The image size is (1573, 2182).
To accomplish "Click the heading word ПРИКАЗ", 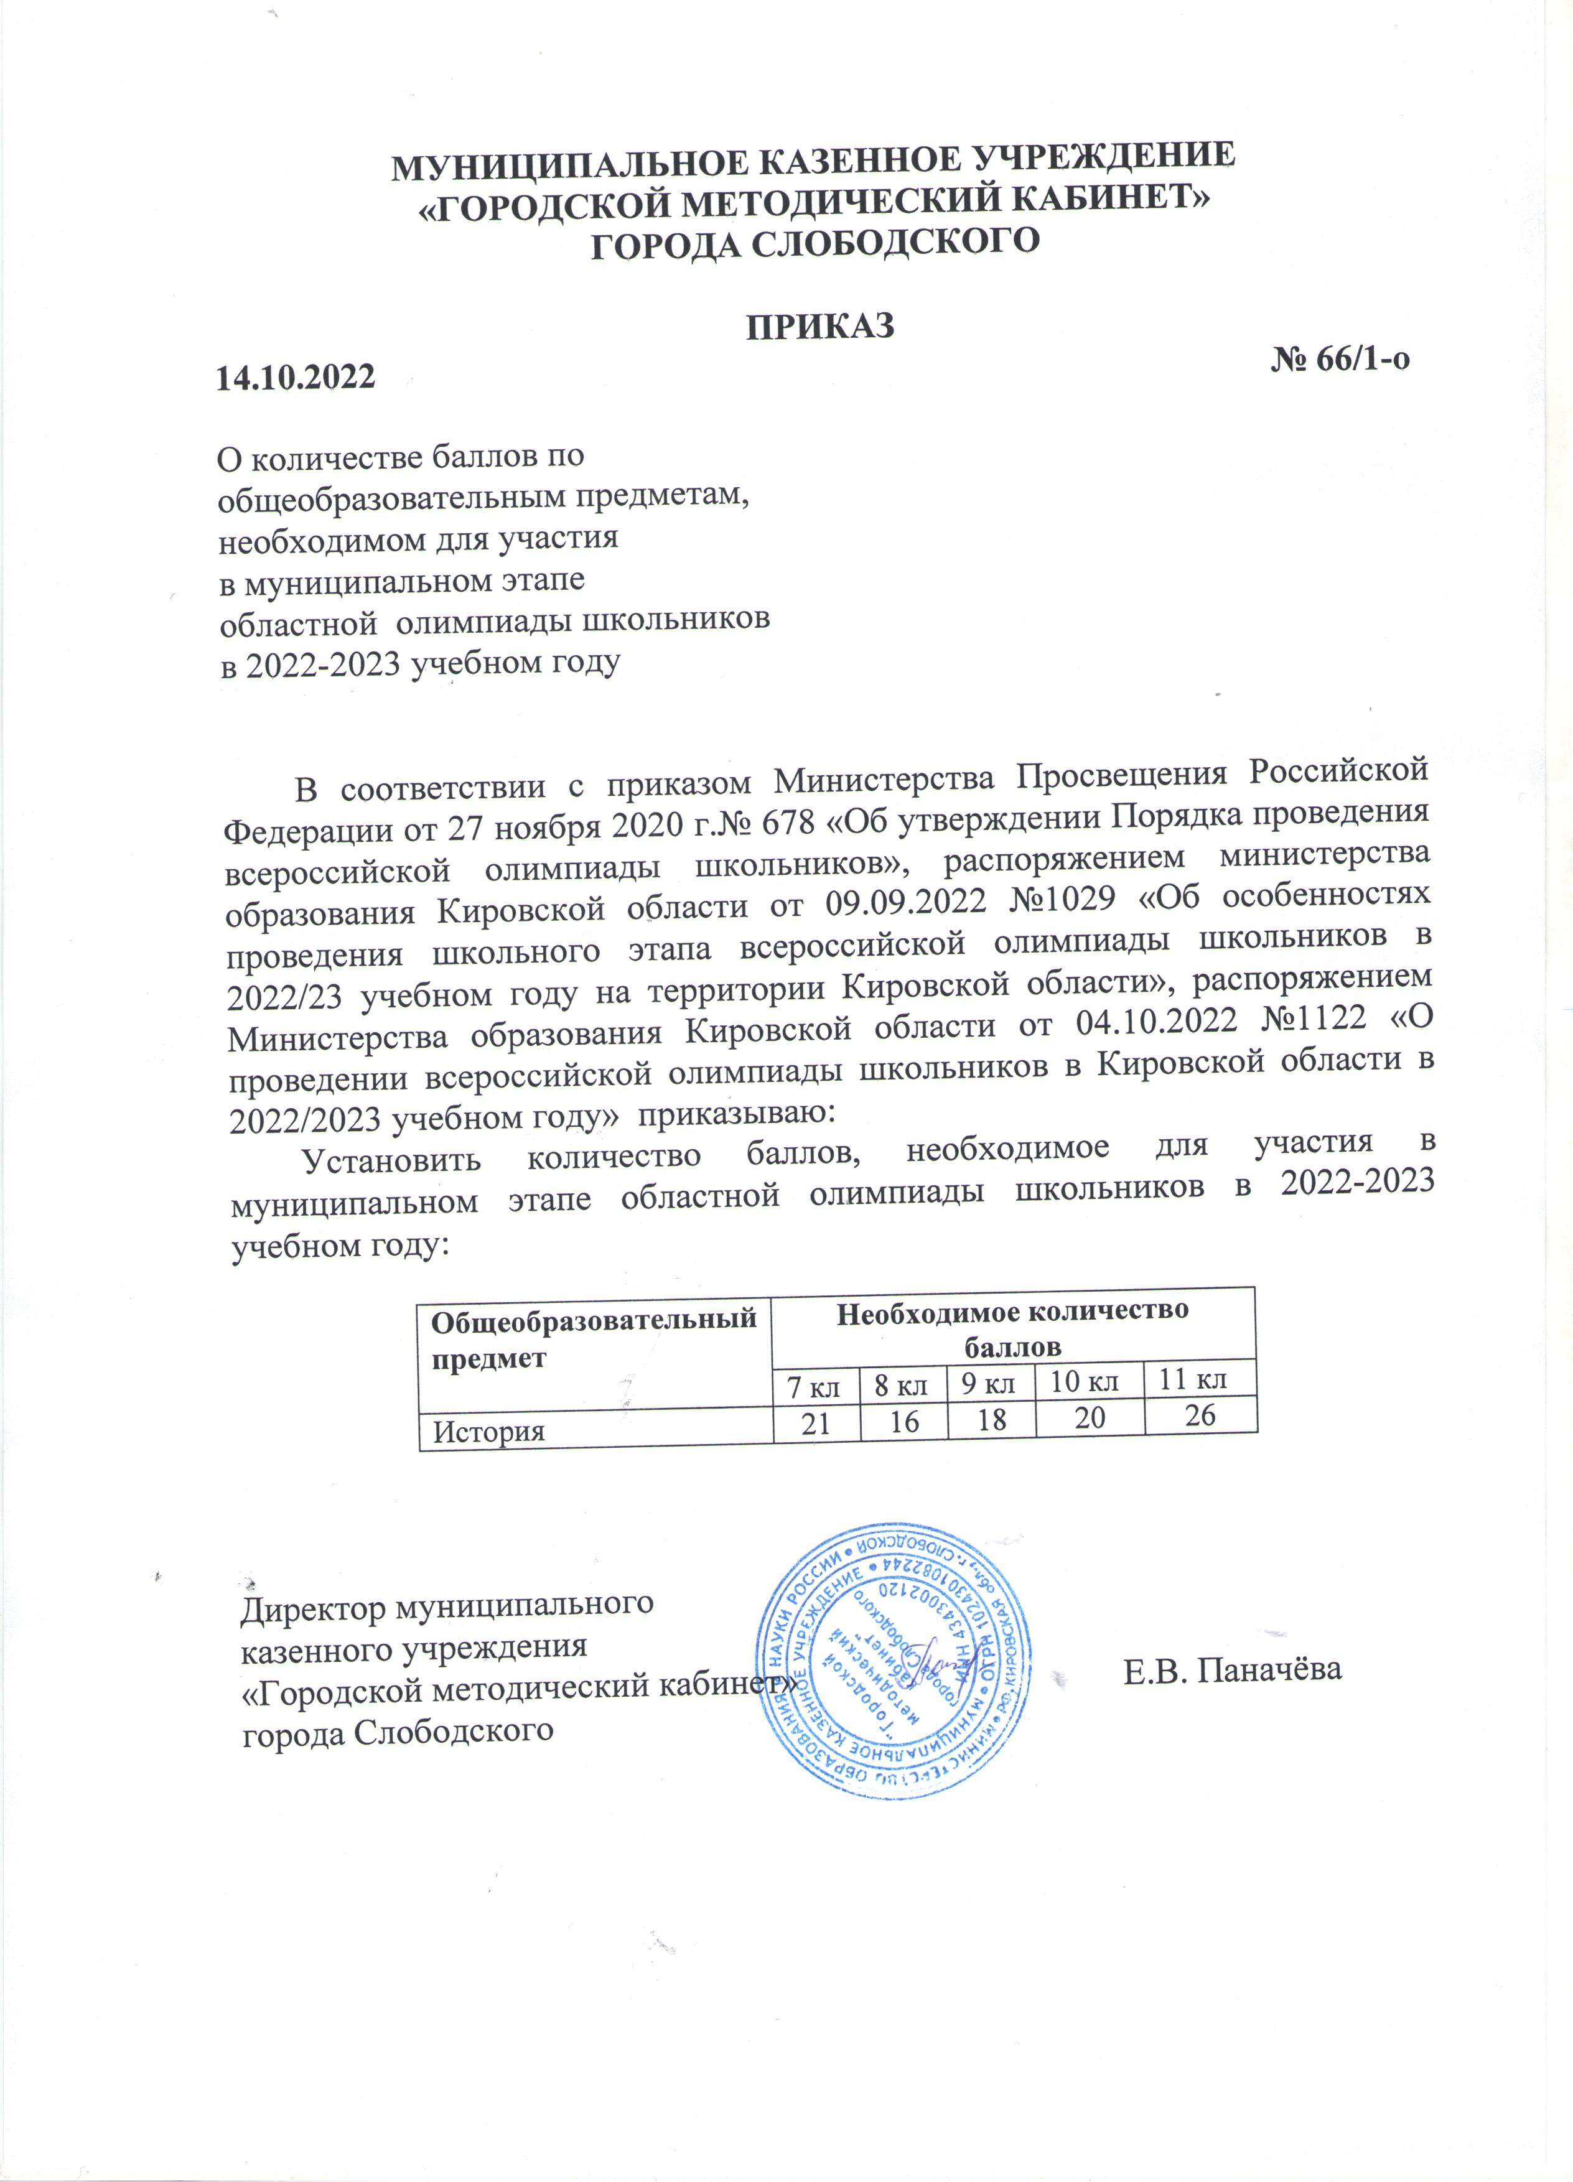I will [x=821, y=326].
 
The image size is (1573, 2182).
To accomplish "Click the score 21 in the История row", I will [x=816, y=1425].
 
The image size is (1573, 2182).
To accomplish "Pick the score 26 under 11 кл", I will [x=1201, y=1415].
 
